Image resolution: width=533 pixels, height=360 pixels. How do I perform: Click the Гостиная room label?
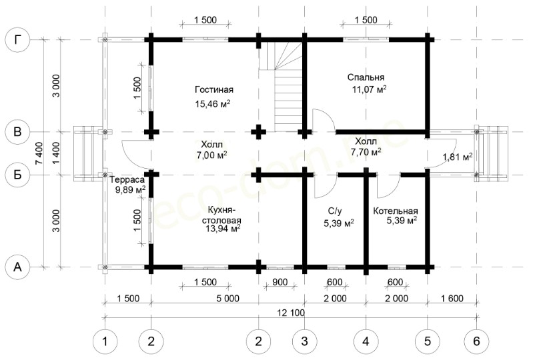(214, 89)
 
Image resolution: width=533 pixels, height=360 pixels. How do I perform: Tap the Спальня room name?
(366, 77)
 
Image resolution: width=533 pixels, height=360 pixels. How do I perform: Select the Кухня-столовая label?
(222, 215)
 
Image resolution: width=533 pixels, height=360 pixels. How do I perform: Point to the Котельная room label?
(396, 211)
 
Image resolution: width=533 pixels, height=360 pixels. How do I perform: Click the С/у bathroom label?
(335, 211)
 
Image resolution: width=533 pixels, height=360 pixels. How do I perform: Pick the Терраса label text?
(127, 179)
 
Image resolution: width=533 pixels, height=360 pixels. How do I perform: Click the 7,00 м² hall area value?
(211, 155)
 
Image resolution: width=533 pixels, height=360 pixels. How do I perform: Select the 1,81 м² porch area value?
(458, 157)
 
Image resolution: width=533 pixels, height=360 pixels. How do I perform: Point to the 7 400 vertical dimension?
(39, 153)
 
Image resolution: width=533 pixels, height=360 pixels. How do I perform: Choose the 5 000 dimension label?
(227, 299)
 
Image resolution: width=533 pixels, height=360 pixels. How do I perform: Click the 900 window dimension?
(280, 282)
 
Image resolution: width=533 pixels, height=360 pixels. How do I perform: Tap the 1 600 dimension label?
(452, 299)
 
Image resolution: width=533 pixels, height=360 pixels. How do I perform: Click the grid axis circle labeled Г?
(17, 40)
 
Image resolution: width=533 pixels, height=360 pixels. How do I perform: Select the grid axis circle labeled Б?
(17, 175)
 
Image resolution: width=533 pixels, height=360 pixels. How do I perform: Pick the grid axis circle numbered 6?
(476, 341)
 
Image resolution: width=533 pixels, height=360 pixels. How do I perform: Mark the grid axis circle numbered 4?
(366, 341)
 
